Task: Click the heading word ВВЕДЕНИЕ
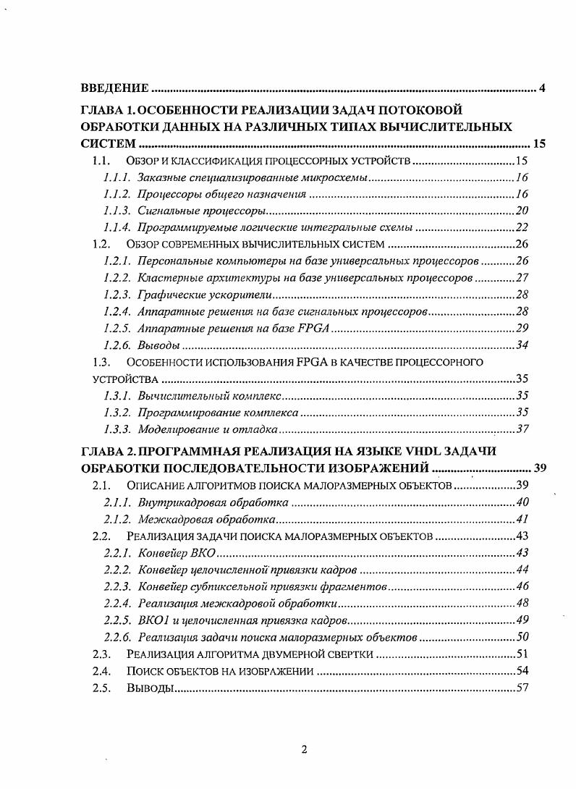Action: click(114, 89)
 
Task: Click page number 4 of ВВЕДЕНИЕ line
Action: click(542, 89)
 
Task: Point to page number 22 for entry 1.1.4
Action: click(522, 227)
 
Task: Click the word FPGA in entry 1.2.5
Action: click(313, 328)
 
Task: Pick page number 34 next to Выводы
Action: click(522, 345)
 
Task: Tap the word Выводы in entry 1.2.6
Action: click(158, 345)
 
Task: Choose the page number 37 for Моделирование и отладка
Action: click(522, 429)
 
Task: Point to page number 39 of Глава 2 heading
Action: click(539, 467)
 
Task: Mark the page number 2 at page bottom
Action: click(304, 749)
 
